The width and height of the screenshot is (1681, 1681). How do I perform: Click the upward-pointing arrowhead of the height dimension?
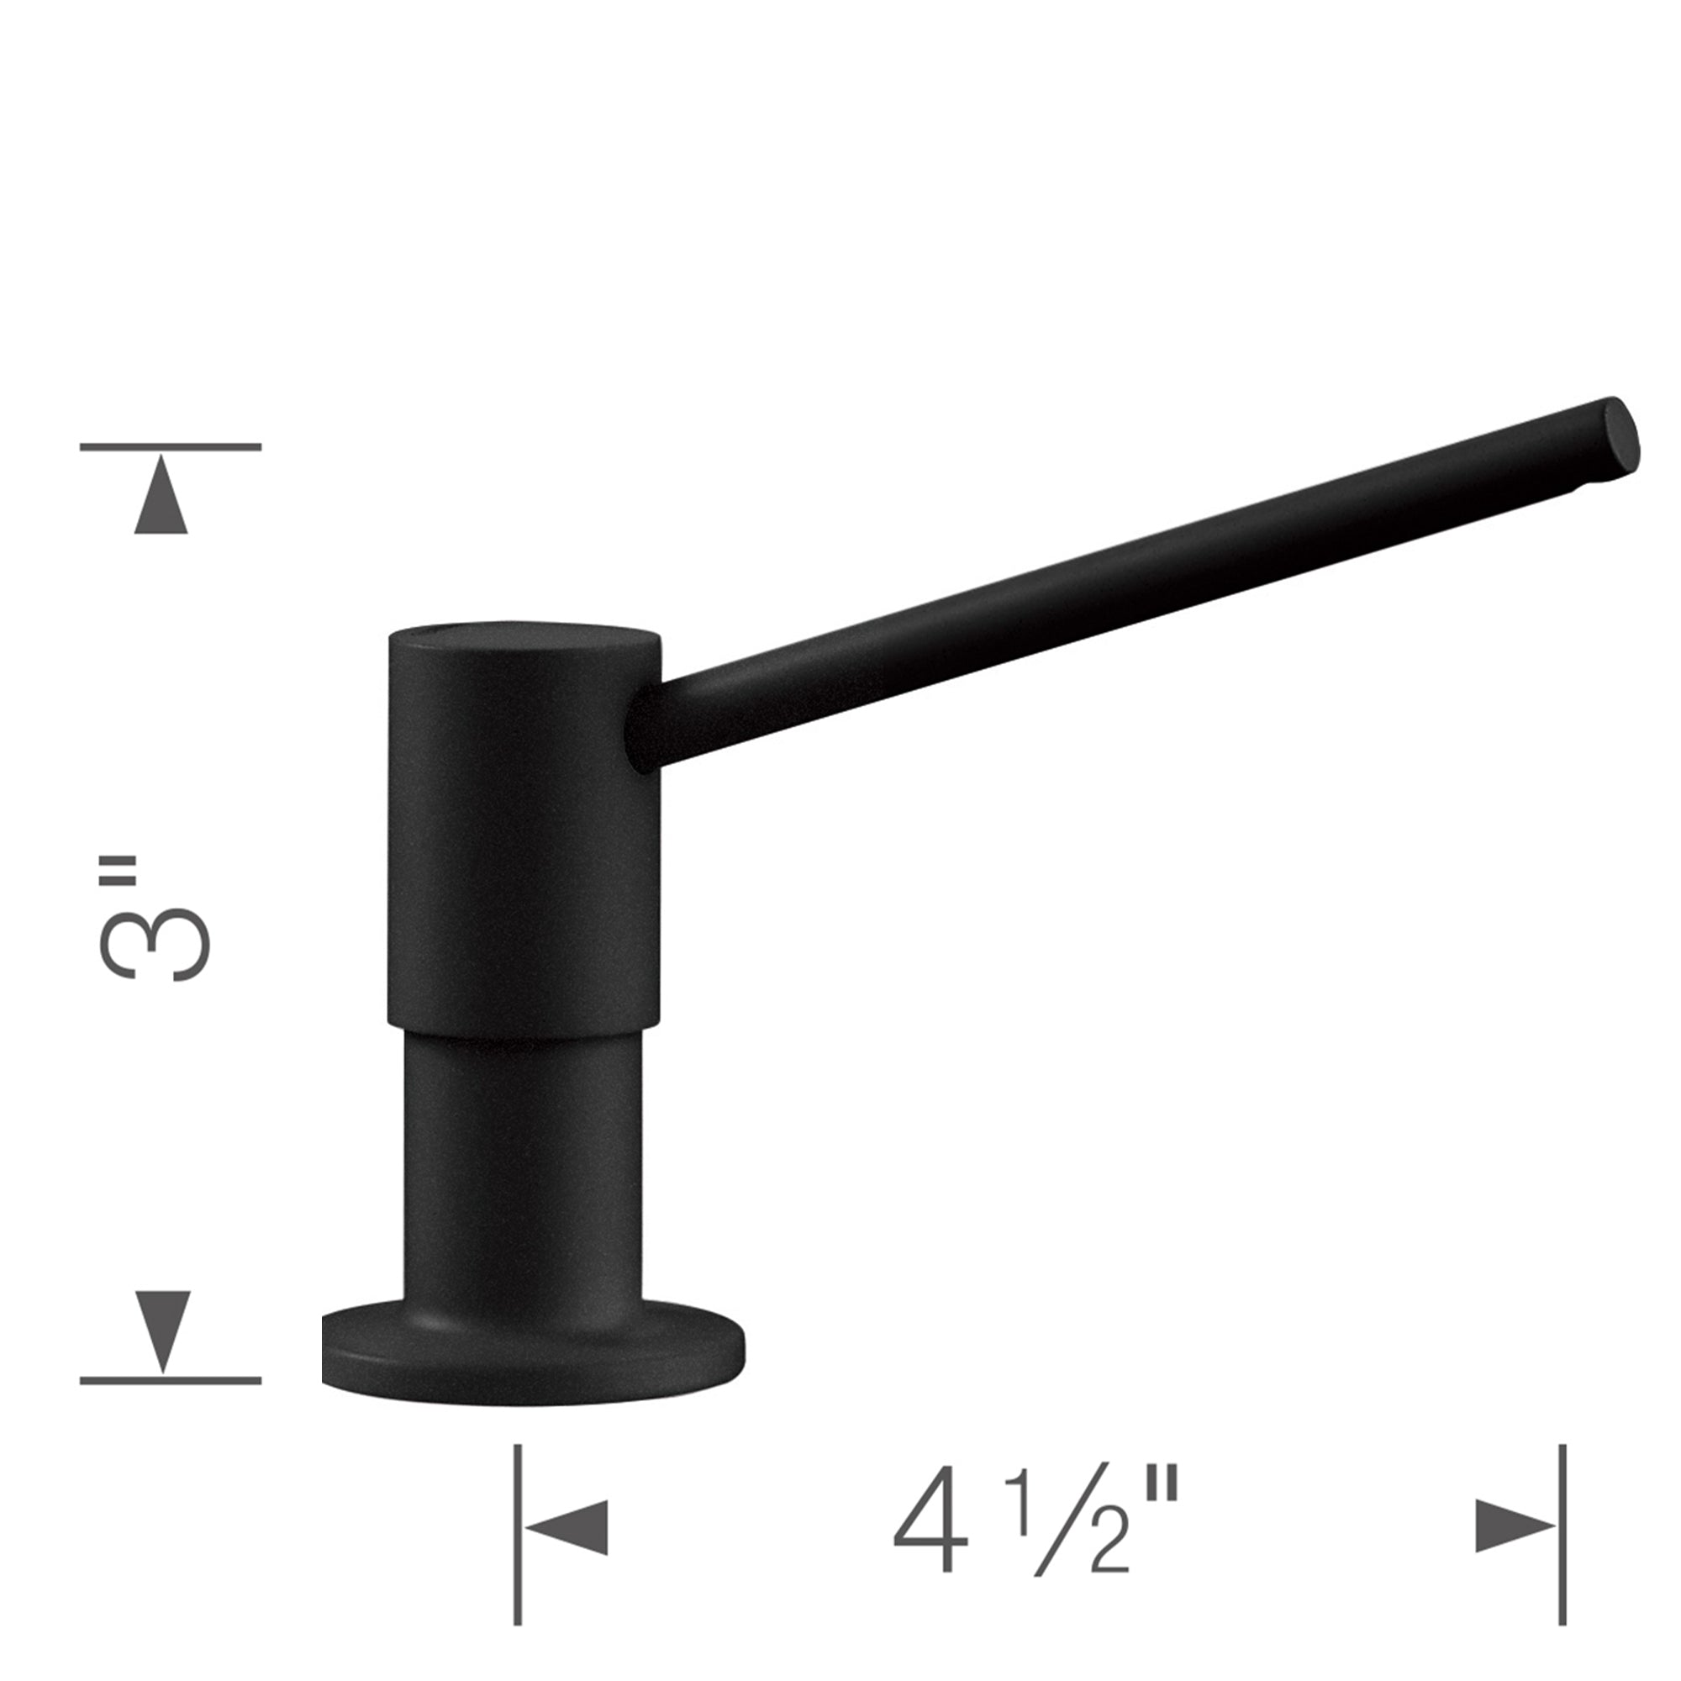click(161, 496)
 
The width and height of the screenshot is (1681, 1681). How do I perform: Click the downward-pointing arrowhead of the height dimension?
click(163, 1331)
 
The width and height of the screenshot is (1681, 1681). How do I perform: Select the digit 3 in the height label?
click(155, 944)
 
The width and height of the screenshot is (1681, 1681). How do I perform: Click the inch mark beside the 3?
click(118, 870)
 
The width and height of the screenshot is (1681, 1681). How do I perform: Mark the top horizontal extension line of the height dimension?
click(171, 447)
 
